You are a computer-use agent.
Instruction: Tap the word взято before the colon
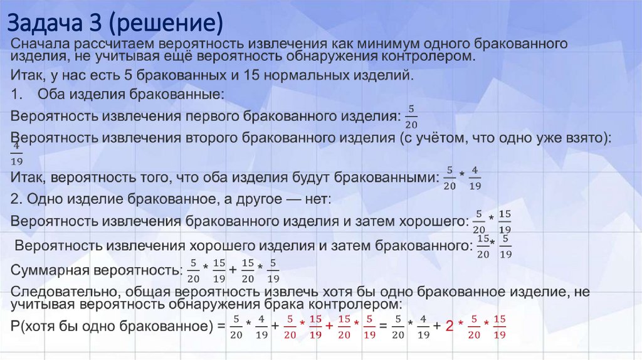click(x=585, y=137)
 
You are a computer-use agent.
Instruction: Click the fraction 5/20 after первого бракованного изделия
click(x=411, y=117)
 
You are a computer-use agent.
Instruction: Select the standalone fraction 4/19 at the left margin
click(x=17, y=154)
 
